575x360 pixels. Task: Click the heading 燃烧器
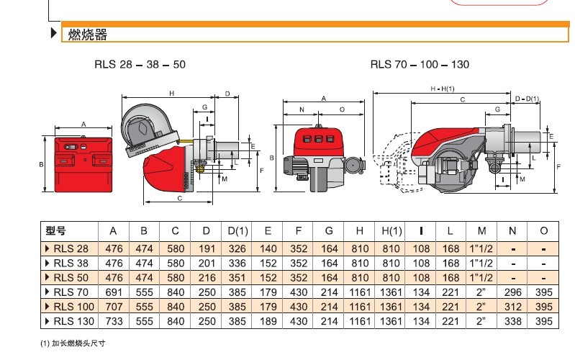(x=87, y=34)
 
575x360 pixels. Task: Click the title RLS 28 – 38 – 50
(x=140, y=64)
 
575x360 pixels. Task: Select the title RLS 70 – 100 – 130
(x=420, y=64)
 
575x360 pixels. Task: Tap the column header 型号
(x=55, y=231)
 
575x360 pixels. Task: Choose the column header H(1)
(x=391, y=231)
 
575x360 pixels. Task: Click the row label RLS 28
(x=72, y=247)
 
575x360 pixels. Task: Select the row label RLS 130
(x=74, y=321)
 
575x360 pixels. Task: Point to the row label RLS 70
(x=72, y=292)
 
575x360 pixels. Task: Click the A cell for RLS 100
(x=113, y=307)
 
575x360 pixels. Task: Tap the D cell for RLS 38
(x=207, y=262)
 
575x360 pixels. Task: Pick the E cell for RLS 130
(x=268, y=321)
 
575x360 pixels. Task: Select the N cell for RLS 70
(x=512, y=292)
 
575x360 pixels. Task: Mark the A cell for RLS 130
(x=113, y=321)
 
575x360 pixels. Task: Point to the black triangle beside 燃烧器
(x=54, y=34)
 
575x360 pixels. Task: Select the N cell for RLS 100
(x=512, y=307)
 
